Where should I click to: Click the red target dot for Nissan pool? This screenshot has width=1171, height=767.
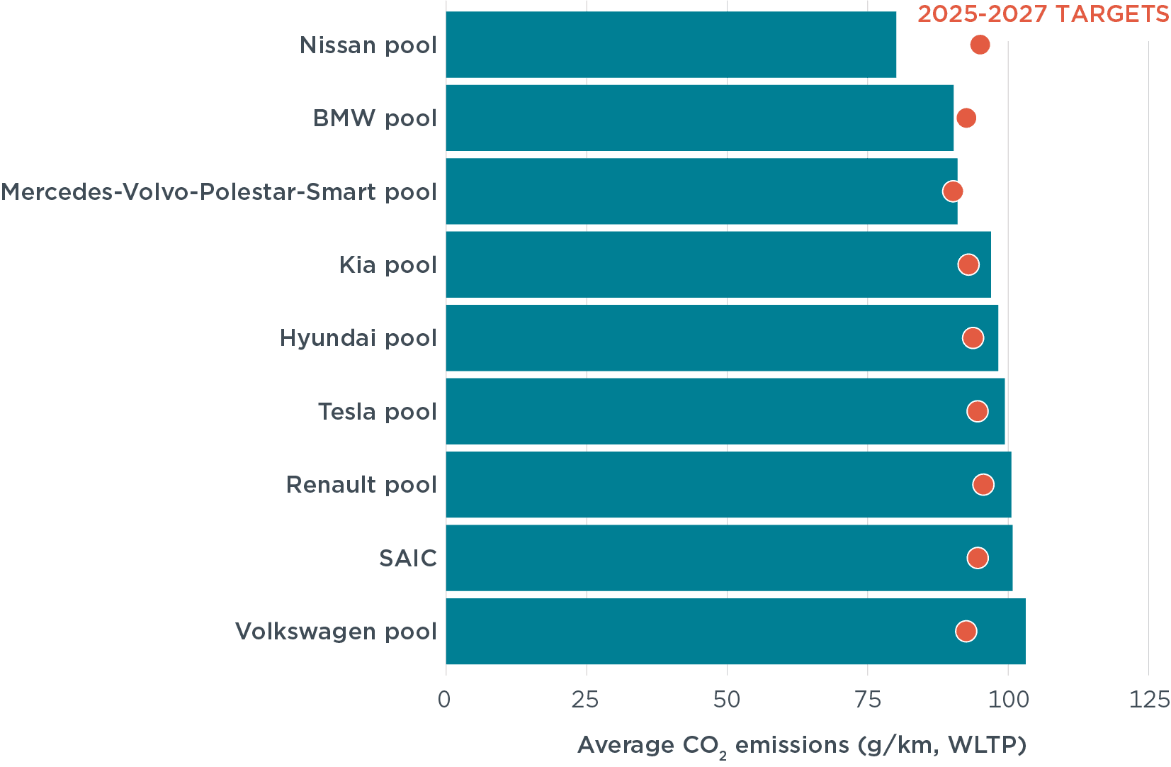click(980, 45)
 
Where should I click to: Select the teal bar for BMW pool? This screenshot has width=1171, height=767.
click(699, 118)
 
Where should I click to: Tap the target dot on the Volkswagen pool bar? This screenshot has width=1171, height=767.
click(966, 631)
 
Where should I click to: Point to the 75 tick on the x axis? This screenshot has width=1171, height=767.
click(867, 700)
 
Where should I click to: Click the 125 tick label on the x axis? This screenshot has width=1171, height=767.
click(1148, 700)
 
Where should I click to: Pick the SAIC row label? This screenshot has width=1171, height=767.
click(407, 559)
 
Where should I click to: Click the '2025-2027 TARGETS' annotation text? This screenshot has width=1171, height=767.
click(1043, 14)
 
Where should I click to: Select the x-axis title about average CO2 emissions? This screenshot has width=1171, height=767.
click(802, 746)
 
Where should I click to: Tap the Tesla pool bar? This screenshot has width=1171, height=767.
click(725, 411)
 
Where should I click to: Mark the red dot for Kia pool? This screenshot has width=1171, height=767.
click(968, 264)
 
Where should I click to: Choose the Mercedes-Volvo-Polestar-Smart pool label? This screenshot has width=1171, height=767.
click(219, 192)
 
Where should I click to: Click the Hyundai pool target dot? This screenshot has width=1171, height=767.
click(973, 338)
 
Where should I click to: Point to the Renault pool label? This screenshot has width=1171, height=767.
click(361, 485)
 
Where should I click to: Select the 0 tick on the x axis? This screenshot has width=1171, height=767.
click(445, 700)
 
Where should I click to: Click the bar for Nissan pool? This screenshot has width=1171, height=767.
click(670, 45)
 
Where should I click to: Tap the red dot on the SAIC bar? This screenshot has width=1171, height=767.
click(978, 558)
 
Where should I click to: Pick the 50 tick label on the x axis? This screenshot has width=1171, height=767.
click(727, 700)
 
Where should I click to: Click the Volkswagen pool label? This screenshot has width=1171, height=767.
click(336, 632)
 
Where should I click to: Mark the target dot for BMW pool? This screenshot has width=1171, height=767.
click(966, 118)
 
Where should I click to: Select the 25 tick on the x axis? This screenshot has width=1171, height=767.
click(586, 700)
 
